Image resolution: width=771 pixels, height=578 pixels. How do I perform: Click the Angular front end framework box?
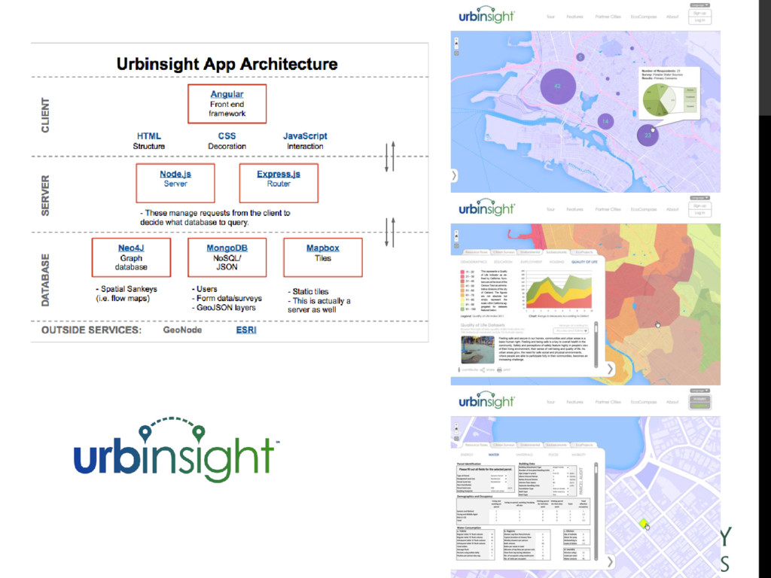tap(227, 104)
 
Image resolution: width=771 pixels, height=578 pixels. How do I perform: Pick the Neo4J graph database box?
tap(131, 257)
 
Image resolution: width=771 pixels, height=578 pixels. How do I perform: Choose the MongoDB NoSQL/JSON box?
tap(227, 257)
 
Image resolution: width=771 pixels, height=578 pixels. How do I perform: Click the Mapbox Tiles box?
tap(322, 257)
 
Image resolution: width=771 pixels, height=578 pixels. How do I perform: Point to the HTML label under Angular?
tap(149, 136)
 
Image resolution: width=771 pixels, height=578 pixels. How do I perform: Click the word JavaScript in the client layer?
tap(305, 136)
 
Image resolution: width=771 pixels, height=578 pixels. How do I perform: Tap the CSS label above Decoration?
tap(227, 136)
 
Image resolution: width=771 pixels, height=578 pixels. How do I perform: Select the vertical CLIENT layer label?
tap(46, 115)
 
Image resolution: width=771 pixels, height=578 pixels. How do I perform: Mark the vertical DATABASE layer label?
tap(46, 279)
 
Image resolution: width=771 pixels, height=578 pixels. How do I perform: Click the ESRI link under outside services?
tap(246, 330)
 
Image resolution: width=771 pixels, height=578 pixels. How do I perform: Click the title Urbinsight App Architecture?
tap(227, 64)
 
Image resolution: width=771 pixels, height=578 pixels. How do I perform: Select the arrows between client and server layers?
tap(389, 156)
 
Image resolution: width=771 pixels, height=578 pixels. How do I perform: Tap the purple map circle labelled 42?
tap(557, 87)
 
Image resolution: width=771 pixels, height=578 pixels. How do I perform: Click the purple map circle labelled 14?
tap(604, 121)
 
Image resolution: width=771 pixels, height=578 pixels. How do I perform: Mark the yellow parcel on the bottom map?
tap(642, 523)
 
